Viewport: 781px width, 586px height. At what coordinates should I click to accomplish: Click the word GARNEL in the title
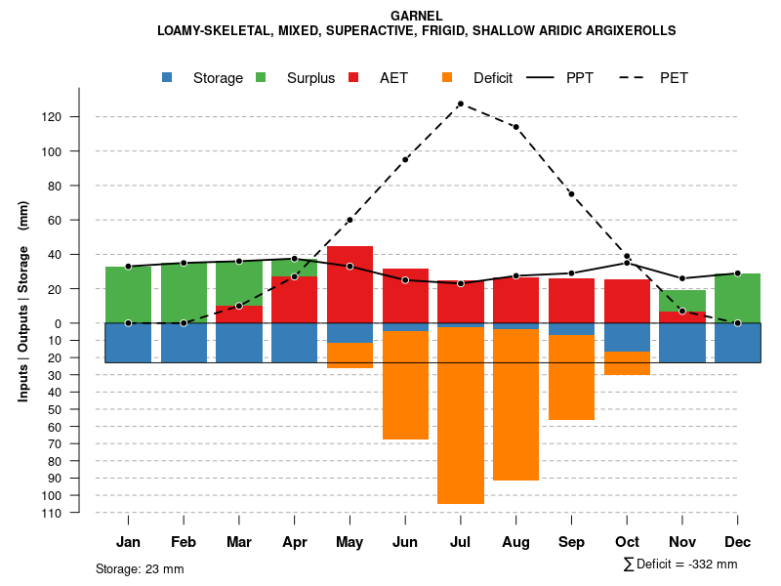416,16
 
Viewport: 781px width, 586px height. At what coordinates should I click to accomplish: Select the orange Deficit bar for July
461,415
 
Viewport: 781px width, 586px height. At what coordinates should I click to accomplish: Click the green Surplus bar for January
128,295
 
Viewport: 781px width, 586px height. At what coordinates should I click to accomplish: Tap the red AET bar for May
349,284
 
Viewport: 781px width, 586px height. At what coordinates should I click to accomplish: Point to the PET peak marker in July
460,104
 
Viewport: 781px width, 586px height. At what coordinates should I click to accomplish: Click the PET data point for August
515,127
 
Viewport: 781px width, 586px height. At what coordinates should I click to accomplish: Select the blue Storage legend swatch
168,78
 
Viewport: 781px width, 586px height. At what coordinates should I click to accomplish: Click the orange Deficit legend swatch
448,78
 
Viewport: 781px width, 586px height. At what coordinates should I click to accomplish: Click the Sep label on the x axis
571,542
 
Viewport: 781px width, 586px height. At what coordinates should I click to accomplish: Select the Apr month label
294,542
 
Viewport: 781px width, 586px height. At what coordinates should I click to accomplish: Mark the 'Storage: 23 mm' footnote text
140,568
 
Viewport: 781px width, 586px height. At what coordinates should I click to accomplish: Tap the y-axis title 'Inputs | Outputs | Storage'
23,323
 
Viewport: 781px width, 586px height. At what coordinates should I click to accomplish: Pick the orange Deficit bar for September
571,378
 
